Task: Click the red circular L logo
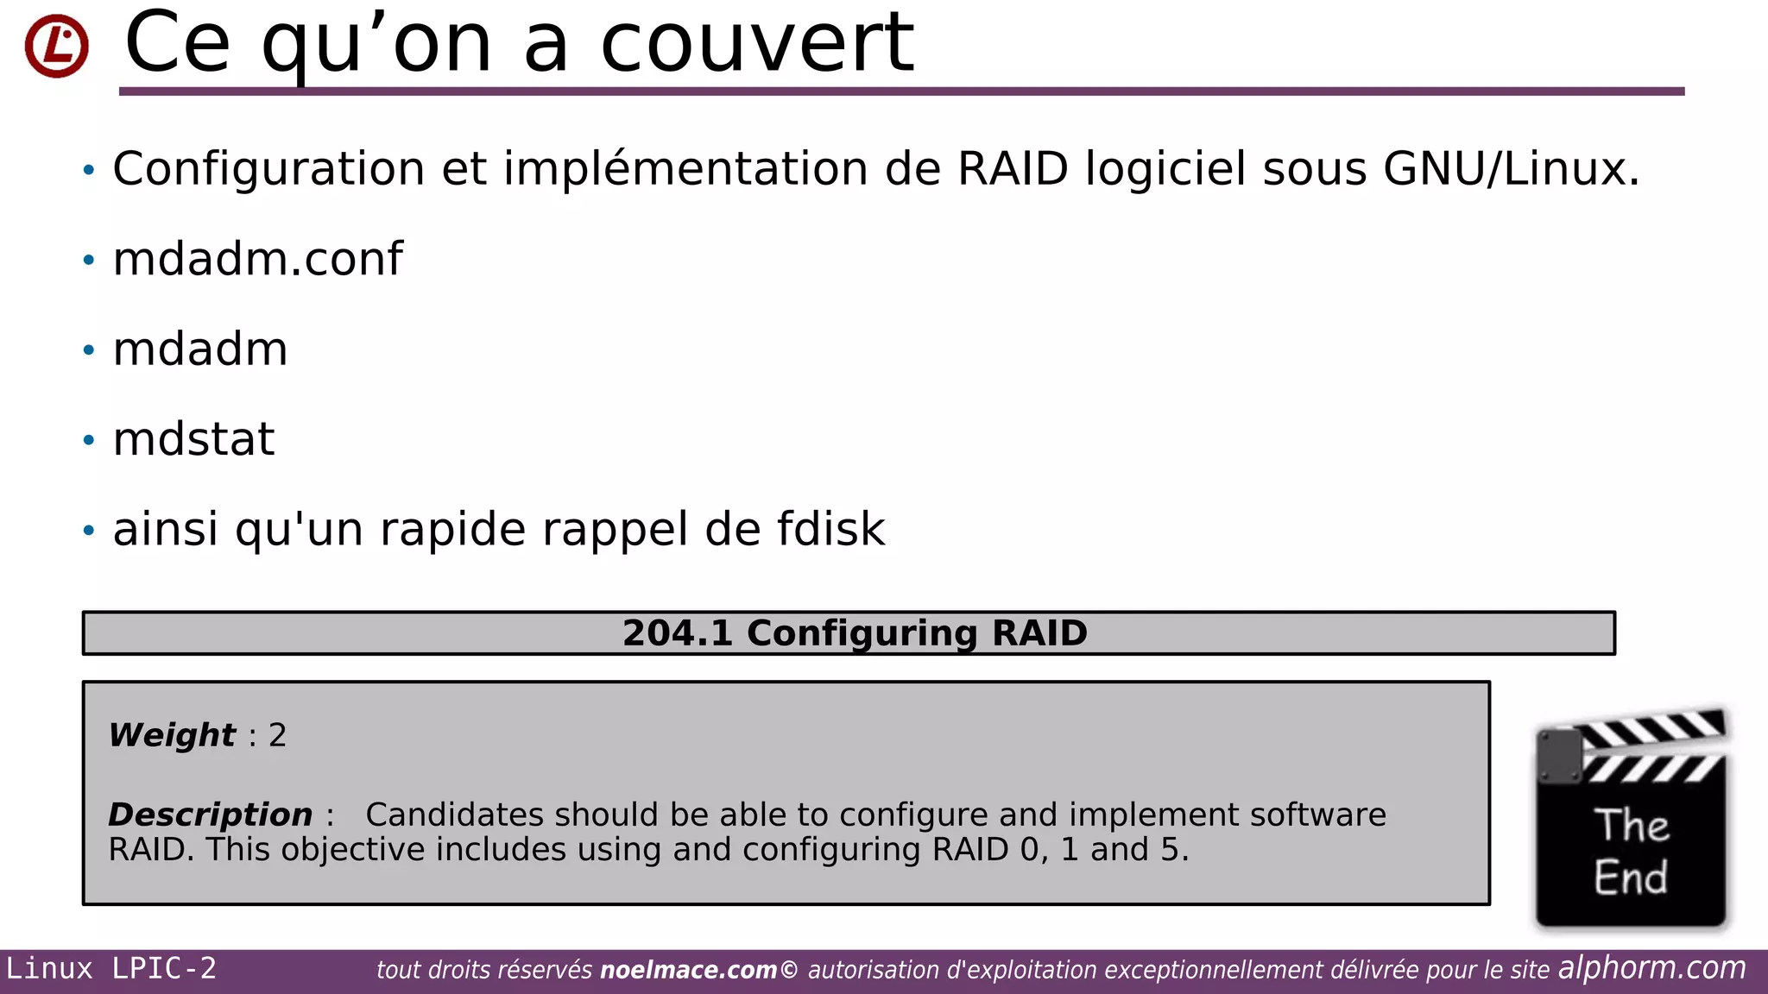56,46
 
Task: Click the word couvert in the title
756,43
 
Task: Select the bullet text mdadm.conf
257,259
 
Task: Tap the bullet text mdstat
193,439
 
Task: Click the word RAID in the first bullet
1013,168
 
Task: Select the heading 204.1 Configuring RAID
854,633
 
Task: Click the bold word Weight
172,735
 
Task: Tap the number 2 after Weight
277,735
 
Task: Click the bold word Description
210,815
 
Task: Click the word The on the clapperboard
1631,826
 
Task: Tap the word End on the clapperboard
1631,878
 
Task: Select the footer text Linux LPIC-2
111,969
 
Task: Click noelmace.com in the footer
688,971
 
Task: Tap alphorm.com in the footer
1651,968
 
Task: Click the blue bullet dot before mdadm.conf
89,260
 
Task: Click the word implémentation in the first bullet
685,168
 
